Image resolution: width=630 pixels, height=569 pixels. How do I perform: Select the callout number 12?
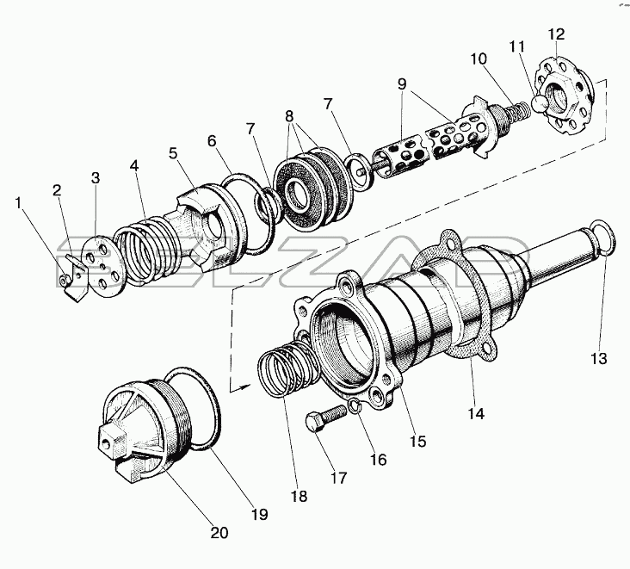click(556, 34)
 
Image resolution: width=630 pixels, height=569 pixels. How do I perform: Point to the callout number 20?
click(219, 533)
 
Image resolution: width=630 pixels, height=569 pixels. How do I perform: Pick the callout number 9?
click(402, 84)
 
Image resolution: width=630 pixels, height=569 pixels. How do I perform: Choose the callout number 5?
click(173, 153)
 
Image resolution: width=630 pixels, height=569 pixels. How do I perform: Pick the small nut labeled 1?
click(64, 281)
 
